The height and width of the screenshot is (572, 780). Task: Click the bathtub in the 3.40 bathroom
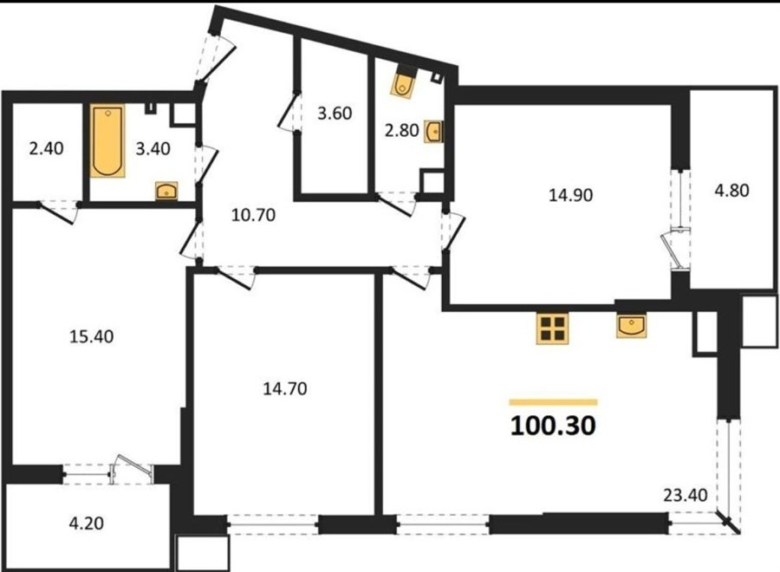(x=107, y=140)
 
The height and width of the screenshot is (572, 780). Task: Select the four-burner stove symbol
(x=552, y=328)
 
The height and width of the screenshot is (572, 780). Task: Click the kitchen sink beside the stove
(x=631, y=325)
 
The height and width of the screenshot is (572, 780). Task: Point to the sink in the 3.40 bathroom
(x=166, y=191)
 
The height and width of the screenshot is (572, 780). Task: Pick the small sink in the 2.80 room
(x=432, y=132)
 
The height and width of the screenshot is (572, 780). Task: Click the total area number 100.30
(x=553, y=426)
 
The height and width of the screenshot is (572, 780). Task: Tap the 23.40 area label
(x=686, y=495)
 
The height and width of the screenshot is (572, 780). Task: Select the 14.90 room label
(x=570, y=194)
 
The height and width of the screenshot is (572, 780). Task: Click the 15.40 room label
(x=92, y=336)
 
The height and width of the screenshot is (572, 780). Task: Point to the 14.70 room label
(x=285, y=388)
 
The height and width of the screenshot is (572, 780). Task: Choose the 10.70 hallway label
(x=254, y=215)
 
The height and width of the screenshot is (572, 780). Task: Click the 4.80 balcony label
(x=731, y=190)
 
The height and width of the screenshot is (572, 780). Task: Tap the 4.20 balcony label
(x=87, y=523)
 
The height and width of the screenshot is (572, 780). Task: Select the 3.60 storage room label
(x=335, y=113)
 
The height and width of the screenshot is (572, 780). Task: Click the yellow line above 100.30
(x=553, y=402)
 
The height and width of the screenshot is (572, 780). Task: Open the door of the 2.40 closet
(x=58, y=212)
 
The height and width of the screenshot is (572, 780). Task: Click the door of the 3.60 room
(x=289, y=113)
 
